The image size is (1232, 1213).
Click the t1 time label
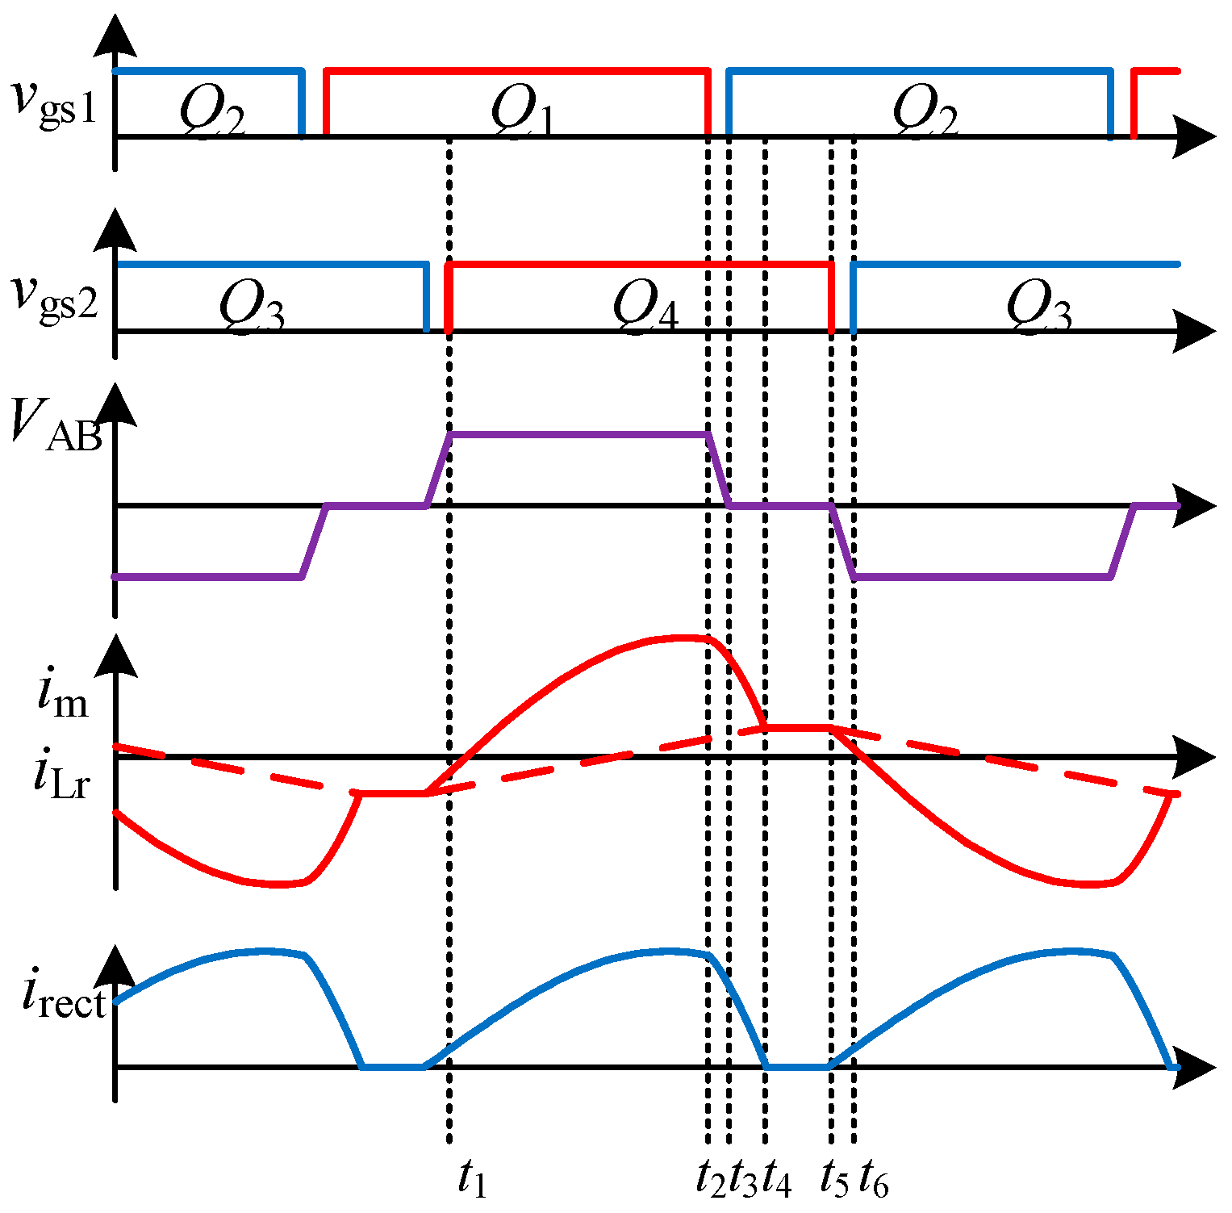coord(472,1180)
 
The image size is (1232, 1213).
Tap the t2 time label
coord(712,1180)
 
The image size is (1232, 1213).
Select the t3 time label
coord(743,1180)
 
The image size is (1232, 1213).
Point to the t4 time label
coord(776,1180)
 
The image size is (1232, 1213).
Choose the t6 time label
coord(873,1180)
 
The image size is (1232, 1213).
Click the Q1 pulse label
coord(523,109)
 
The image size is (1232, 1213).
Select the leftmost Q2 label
coord(211,109)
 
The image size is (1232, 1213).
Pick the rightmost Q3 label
coord(1039,307)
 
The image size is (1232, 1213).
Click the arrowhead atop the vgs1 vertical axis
coord(115,36)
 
